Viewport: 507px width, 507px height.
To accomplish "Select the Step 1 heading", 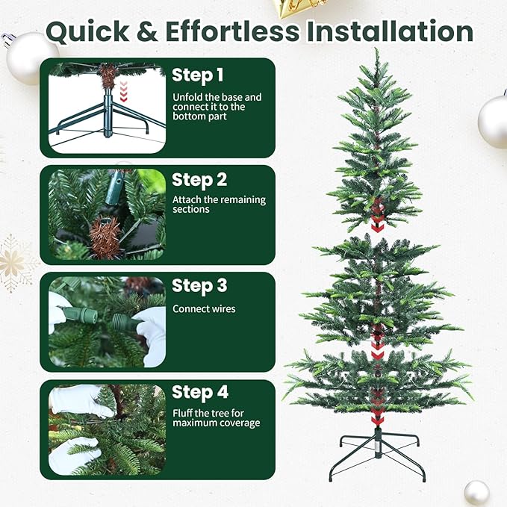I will [x=198, y=75].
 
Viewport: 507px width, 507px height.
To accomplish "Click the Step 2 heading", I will [x=199, y=180].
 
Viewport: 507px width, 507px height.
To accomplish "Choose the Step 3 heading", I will [x=199, y=286].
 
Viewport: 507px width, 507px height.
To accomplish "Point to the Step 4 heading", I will [x=199, y=392].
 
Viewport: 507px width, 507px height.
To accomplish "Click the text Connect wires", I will [x=204, y=308].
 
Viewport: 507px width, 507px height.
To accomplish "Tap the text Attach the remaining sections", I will [x=219, y=205].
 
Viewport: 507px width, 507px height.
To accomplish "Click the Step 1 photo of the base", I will [x=107, y=108].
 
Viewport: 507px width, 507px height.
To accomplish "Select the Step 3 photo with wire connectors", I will [x=107, y=320].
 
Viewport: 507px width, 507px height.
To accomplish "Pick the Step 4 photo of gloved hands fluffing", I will [x=107, y=429].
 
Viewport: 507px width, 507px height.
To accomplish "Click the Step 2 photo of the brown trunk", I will [x=107, y=214].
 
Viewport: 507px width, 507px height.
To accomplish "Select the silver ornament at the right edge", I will [x=494, y=121].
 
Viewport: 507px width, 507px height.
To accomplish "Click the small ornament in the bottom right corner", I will [x=476, y=492].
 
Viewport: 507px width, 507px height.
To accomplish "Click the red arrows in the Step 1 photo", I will [x=124, y=90].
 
